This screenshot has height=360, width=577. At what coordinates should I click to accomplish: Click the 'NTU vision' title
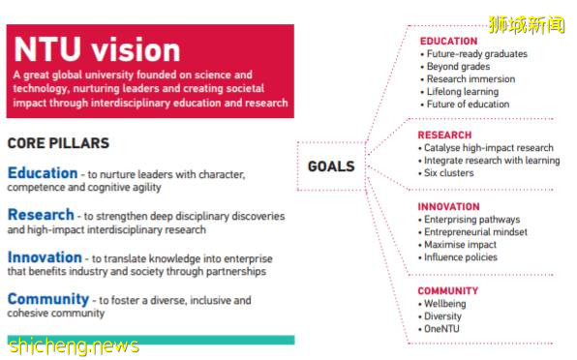97,49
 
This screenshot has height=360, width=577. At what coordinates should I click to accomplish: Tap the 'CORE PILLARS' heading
58,143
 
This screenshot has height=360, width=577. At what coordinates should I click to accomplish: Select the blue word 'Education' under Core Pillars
43,173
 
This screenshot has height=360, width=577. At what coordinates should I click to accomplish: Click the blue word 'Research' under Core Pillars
41,215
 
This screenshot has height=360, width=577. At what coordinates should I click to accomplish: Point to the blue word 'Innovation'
45,257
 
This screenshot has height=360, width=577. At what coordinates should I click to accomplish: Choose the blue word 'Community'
48,299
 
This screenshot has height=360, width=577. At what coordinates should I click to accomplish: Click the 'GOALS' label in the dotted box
331,166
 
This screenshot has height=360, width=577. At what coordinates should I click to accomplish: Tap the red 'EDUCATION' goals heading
448,42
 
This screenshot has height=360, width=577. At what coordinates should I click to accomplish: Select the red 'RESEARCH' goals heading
444,135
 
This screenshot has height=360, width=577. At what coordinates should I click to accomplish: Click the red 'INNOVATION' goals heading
448,207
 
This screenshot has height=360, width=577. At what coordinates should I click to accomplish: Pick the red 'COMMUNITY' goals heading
448,291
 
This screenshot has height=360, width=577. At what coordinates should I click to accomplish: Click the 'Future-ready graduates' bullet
474,54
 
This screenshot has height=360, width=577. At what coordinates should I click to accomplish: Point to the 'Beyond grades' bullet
455,67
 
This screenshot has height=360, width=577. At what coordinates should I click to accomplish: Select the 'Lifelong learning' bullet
460,92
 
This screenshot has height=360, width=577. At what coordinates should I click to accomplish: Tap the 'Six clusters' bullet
446,173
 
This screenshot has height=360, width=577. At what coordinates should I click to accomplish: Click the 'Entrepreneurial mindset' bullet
472,232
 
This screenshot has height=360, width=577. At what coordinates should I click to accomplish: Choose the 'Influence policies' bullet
458,257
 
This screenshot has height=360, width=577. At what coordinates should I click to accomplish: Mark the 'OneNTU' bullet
439,329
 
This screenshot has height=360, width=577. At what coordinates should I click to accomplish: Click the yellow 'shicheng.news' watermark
74,346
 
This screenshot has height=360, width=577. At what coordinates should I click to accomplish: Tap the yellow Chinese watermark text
527,24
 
